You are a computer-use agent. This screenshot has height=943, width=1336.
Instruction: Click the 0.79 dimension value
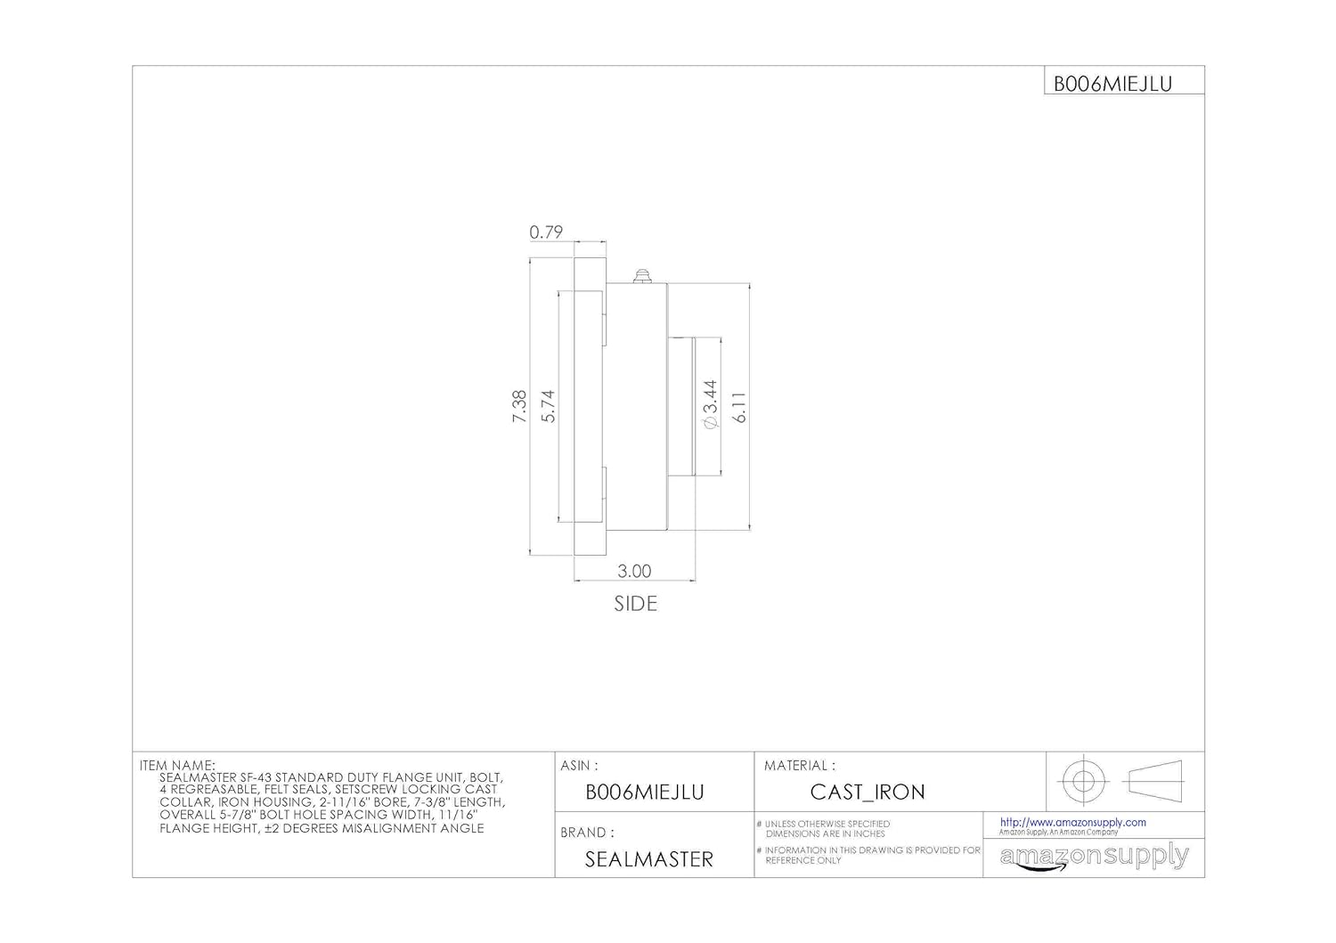[x=546, y=232]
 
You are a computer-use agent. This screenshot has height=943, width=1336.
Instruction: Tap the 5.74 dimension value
[x=548, y=406]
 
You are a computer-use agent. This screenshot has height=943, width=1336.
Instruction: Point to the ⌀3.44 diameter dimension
[x=710, y=405]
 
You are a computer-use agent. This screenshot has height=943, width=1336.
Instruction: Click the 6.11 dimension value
[x=739, y=406]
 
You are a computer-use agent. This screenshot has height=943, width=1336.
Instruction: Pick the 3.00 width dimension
[x=634, y=571]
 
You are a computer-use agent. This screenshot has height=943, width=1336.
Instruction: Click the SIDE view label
[x=635, y=604]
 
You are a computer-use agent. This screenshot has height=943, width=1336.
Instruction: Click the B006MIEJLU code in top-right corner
[x=1112, y=84]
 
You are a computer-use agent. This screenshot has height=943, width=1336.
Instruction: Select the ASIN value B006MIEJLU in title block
[x=644, y=793]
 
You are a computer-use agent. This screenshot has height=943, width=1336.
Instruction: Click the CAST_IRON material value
[x=867, y=792]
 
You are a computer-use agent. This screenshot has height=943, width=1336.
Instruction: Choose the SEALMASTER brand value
[x=648, y=859]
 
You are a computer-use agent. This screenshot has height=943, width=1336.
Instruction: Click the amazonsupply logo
[x=1094, y=857]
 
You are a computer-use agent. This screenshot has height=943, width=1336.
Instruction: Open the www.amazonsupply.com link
[x=1072, y=823]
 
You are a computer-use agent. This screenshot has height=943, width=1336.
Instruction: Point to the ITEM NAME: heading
[x=177, y=765]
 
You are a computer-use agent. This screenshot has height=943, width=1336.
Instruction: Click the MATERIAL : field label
[x=799, y=765]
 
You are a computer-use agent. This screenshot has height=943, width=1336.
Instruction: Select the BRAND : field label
[x=587, y=833]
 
